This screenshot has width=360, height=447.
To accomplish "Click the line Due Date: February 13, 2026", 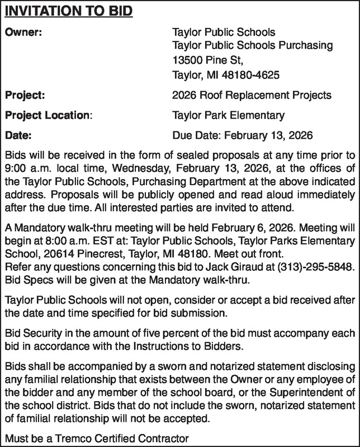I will (243, 135).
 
